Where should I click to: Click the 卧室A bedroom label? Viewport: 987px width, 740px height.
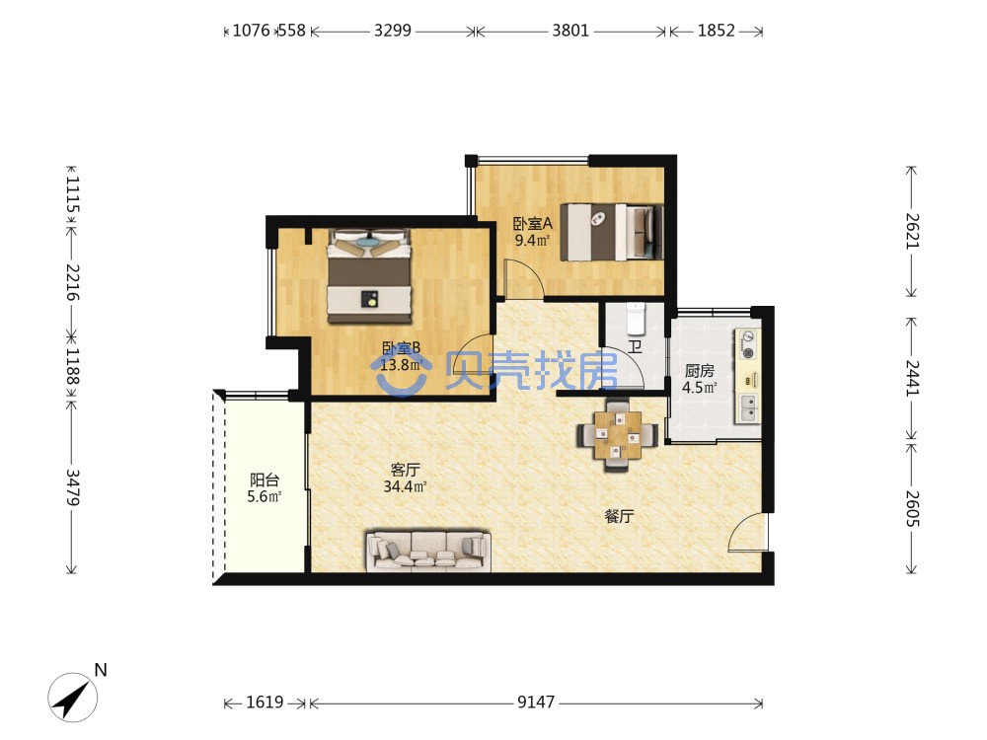coord(533,223)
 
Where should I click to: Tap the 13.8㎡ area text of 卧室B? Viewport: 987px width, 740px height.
coord(402,364)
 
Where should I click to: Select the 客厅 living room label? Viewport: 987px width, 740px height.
coord(405,470)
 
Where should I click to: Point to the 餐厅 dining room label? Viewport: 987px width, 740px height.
coord(619,516)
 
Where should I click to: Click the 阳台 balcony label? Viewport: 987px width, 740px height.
coord(265,481)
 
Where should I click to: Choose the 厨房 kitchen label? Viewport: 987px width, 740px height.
coord(700,371)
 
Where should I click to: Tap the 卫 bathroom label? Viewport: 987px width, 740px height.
coord(635,346)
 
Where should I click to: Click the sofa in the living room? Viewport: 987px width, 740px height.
coord(428,552)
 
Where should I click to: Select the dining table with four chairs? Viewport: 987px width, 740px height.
coord(618,435)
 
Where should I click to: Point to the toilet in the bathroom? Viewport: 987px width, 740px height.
coord(637,319)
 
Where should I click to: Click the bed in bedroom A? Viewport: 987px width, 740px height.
coord(612,232)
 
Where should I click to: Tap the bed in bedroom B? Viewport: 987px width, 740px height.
coord(369,275)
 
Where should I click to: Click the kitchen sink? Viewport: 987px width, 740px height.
coord(749,407)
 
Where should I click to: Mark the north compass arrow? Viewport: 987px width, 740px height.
coord(73,697)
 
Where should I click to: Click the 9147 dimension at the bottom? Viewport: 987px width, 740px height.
coord(536,703)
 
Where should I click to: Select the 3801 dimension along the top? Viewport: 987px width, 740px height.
coord(570,31)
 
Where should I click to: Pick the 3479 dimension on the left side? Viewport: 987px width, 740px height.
coord(72,487)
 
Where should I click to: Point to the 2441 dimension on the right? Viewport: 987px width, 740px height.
coord(912,378)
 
